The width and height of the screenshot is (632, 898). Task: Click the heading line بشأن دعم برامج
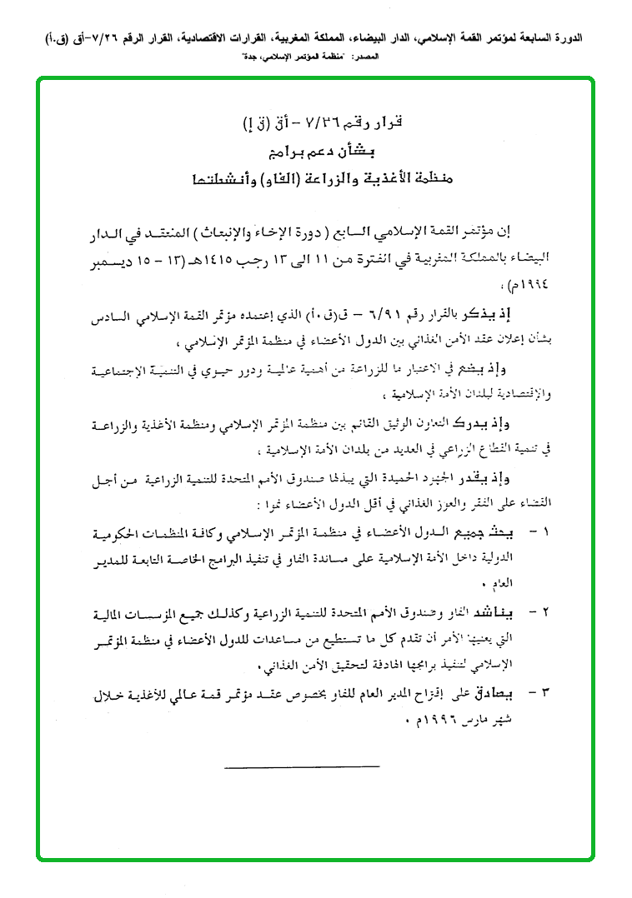tap(319, 152)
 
